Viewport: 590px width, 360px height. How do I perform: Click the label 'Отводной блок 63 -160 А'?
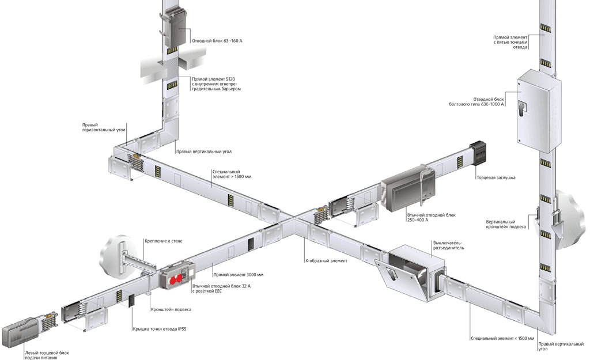tap(217, 41)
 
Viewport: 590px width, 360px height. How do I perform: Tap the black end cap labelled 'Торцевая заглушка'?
tap(478, 153)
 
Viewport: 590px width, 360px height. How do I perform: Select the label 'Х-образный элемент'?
tap(326, 261)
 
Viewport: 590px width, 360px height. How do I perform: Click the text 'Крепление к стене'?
tap(163, 241)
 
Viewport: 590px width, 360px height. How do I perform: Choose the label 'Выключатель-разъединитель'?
tap(448, 245)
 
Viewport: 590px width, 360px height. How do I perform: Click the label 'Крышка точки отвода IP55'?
tap(160, 329)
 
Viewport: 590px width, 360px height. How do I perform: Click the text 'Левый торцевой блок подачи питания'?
tap(47, 355)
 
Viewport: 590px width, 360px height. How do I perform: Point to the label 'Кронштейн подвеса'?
tap(171, 309)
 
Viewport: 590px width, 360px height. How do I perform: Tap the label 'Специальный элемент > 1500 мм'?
tap(232, 174)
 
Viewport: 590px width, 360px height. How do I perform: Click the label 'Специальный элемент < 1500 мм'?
tap(502, 339)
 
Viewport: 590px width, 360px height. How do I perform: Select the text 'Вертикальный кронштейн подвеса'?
tap(506, 225)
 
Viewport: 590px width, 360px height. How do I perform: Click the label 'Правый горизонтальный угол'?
tap(104, 127)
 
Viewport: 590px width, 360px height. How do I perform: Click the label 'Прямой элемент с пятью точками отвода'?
tap(510, 42)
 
